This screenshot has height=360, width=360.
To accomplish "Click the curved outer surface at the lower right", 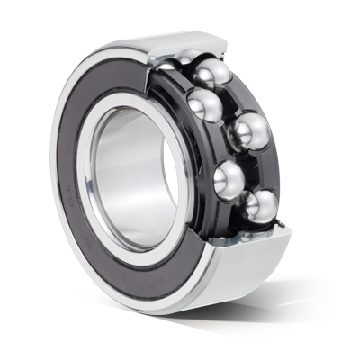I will (270, 270).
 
